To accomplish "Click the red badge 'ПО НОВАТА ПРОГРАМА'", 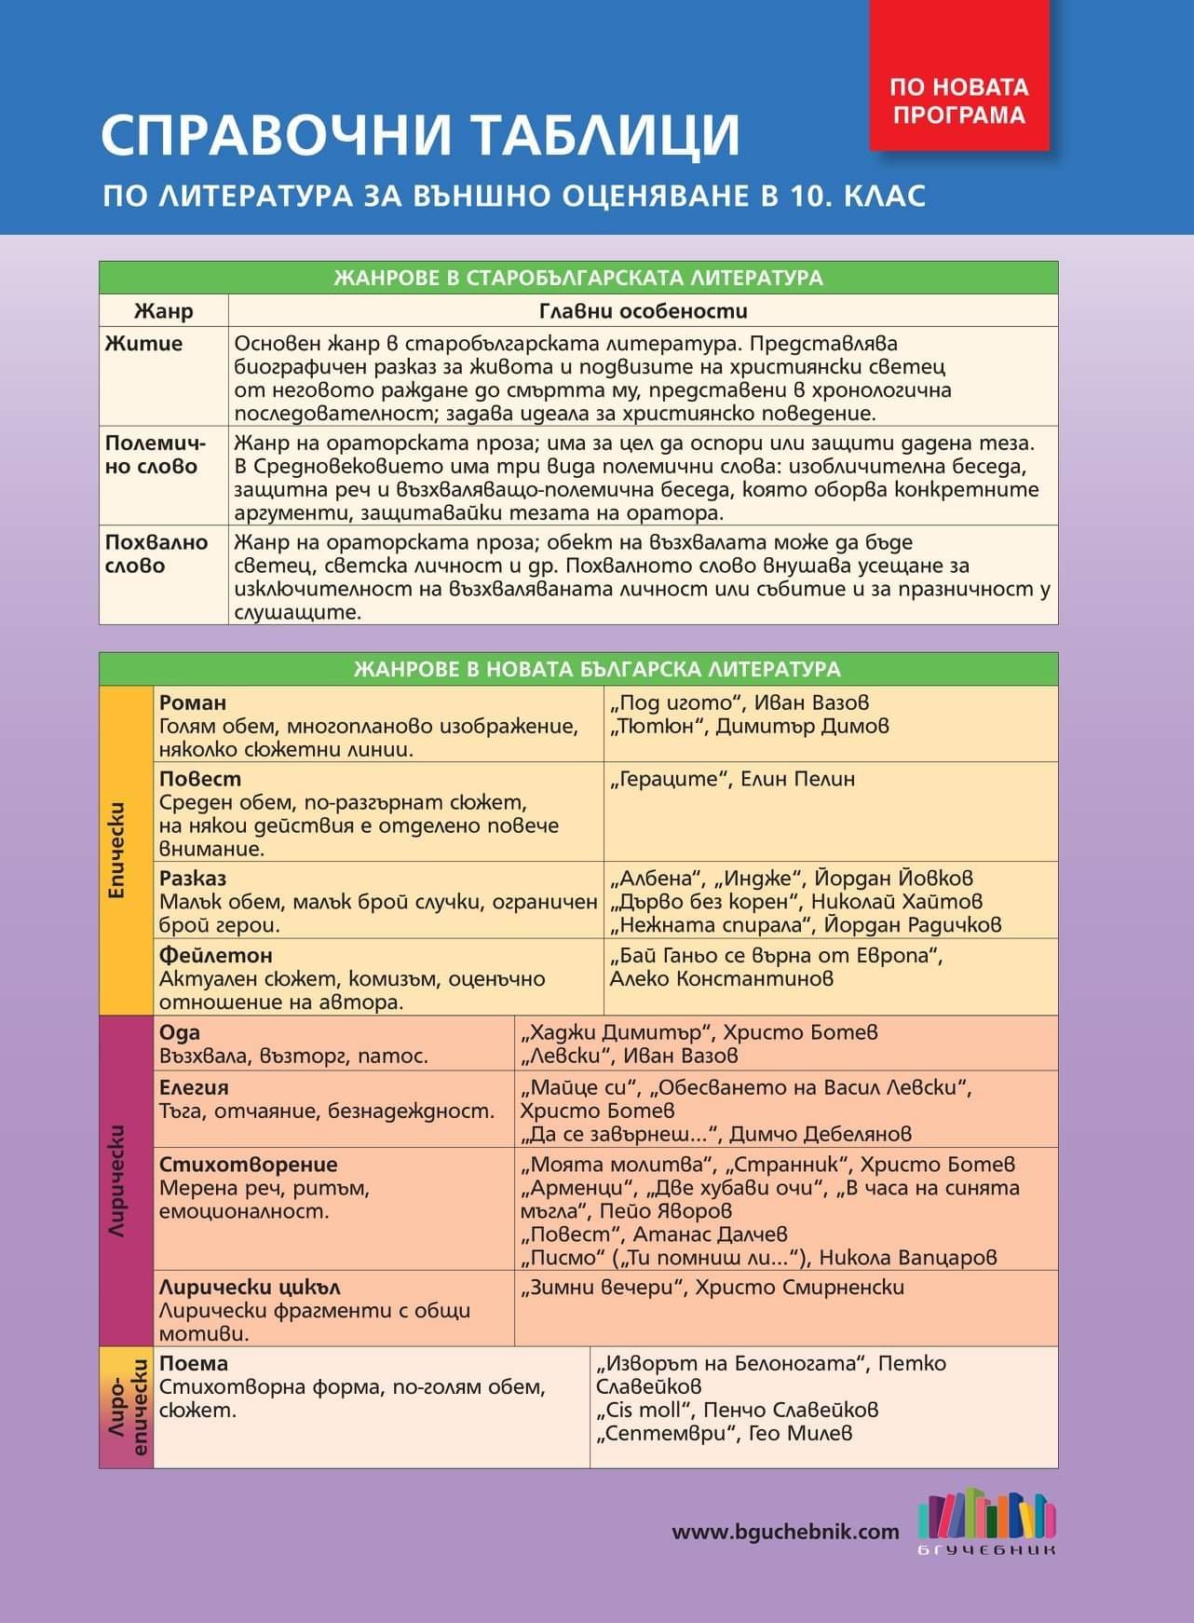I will (x=958, y=101).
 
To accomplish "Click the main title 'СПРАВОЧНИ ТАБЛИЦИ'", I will (x=420, y=134).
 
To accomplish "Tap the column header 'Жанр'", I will (x=163, y=310).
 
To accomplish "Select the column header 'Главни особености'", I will (x=643, y=310).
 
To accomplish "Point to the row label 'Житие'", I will (x=144, y=344).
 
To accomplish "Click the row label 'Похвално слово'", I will (x=156, y=553).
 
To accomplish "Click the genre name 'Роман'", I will (x=193, y=702).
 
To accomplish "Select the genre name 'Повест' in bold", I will (x=200, y=779).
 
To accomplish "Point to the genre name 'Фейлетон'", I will (x=215, y=955).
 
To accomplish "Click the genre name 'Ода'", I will (x=180, y=1032).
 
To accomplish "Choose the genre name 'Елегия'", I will (x=194, y=1087).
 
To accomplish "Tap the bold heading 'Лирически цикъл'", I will (x=250, y=1287).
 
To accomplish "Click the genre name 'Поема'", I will (x=194, y=1363).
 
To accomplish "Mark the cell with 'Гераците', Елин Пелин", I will (x=732, y=779).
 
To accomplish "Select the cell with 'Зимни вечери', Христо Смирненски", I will (x=712, y=1287).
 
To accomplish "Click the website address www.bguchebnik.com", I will (x=785, y=1532).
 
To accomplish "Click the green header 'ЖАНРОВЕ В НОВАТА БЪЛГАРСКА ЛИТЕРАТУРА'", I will (x=597, y=669).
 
